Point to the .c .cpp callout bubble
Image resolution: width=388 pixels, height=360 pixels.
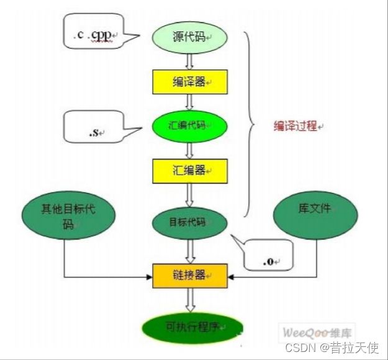point(94,36)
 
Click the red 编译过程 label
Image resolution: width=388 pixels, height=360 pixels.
point(296,126)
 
